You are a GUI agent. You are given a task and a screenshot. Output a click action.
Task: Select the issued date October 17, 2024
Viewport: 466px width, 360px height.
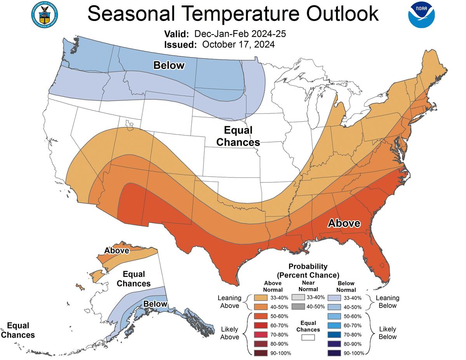[x=238, y=45]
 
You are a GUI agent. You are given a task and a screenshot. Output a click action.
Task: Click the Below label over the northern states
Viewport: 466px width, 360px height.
[x=169, y=65]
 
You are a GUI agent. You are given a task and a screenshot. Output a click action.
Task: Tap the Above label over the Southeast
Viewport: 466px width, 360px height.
[x=344, y=223]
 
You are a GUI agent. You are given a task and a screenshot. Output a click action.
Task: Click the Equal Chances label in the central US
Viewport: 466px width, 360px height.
[x=238, y=136]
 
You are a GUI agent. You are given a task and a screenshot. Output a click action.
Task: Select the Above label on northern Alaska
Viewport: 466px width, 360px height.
[x=116, y=250]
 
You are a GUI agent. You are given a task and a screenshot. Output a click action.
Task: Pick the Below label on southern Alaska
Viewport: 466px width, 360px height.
[x=155, y=304]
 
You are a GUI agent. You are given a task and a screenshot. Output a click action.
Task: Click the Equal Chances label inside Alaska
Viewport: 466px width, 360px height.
[x=134, y=278]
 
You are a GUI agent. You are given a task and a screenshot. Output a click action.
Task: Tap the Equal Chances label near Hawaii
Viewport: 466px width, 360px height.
[x=18, y=330]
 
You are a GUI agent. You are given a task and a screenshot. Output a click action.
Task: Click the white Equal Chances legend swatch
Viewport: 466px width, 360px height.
[x=308, y=337]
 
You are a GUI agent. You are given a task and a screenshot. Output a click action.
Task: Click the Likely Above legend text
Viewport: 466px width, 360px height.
[x=230, y=333]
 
